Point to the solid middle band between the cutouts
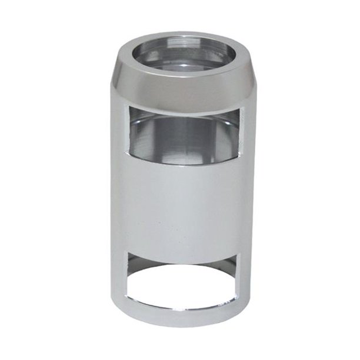[182, 206]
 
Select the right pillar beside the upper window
[248, 138]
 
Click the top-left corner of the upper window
[129, 108]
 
